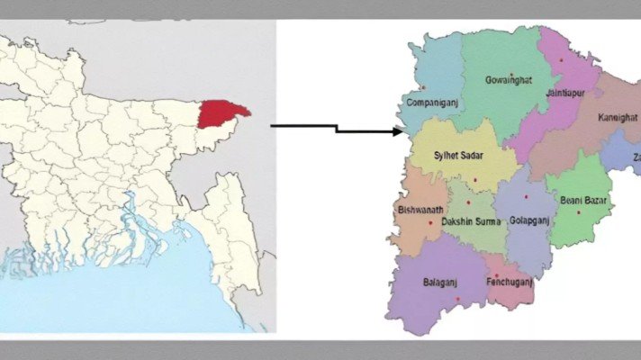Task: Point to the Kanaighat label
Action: pos(618,118)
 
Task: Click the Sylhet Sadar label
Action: pos(458,156)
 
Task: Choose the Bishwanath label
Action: pos(420,211)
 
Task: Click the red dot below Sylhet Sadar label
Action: pos(474,180)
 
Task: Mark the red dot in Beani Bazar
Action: pos(578,212)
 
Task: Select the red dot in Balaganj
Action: pos(457,299)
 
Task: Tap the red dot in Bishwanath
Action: pos(430,222)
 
